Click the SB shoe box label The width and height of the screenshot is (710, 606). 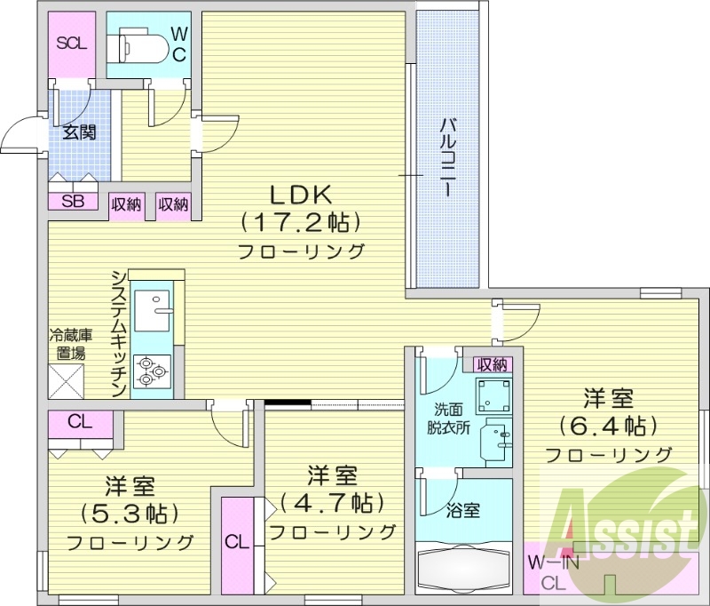coord(73,201)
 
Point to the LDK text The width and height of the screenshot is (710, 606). coord(300,195)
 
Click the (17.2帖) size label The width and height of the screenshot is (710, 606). coord(301,222)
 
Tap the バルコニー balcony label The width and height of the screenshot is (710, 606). coord(448,157)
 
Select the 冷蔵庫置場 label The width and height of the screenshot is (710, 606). coord(67,344)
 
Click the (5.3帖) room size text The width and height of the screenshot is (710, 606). coord(130,514)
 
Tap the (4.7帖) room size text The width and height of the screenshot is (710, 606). coord(332,503)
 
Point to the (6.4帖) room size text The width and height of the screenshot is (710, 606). coord(607,426)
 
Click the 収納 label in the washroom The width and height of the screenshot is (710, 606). coord(492,363)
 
